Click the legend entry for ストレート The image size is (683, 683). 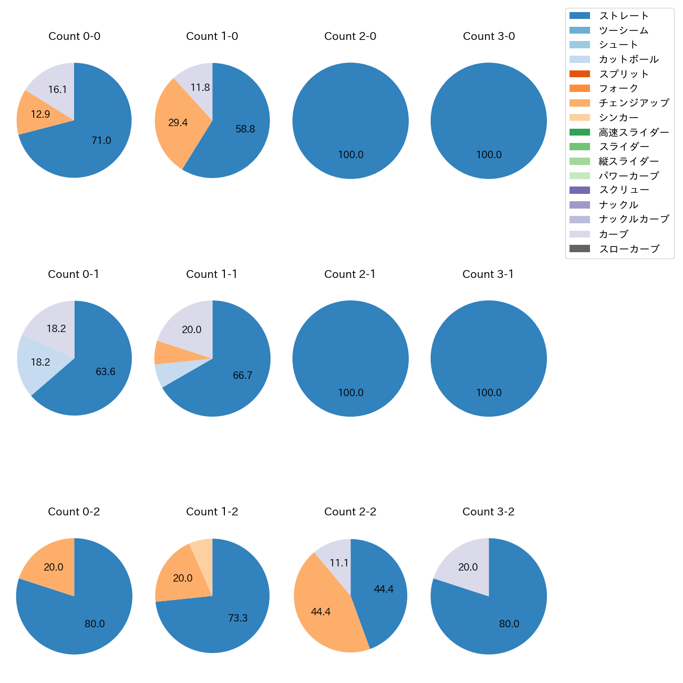click(624, 16)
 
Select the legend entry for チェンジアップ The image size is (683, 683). click(634, 103)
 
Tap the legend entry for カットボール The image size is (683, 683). click(628, 59)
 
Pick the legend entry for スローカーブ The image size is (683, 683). click(629, 249)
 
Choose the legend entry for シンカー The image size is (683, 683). click(618, 118)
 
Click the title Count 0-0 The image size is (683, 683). click(74, 36)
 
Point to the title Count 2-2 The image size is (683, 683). click(350, 512)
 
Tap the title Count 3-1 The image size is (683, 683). click(488, 274)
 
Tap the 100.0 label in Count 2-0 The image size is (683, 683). click(350, 155)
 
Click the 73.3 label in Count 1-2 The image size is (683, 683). click(237, 618)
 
